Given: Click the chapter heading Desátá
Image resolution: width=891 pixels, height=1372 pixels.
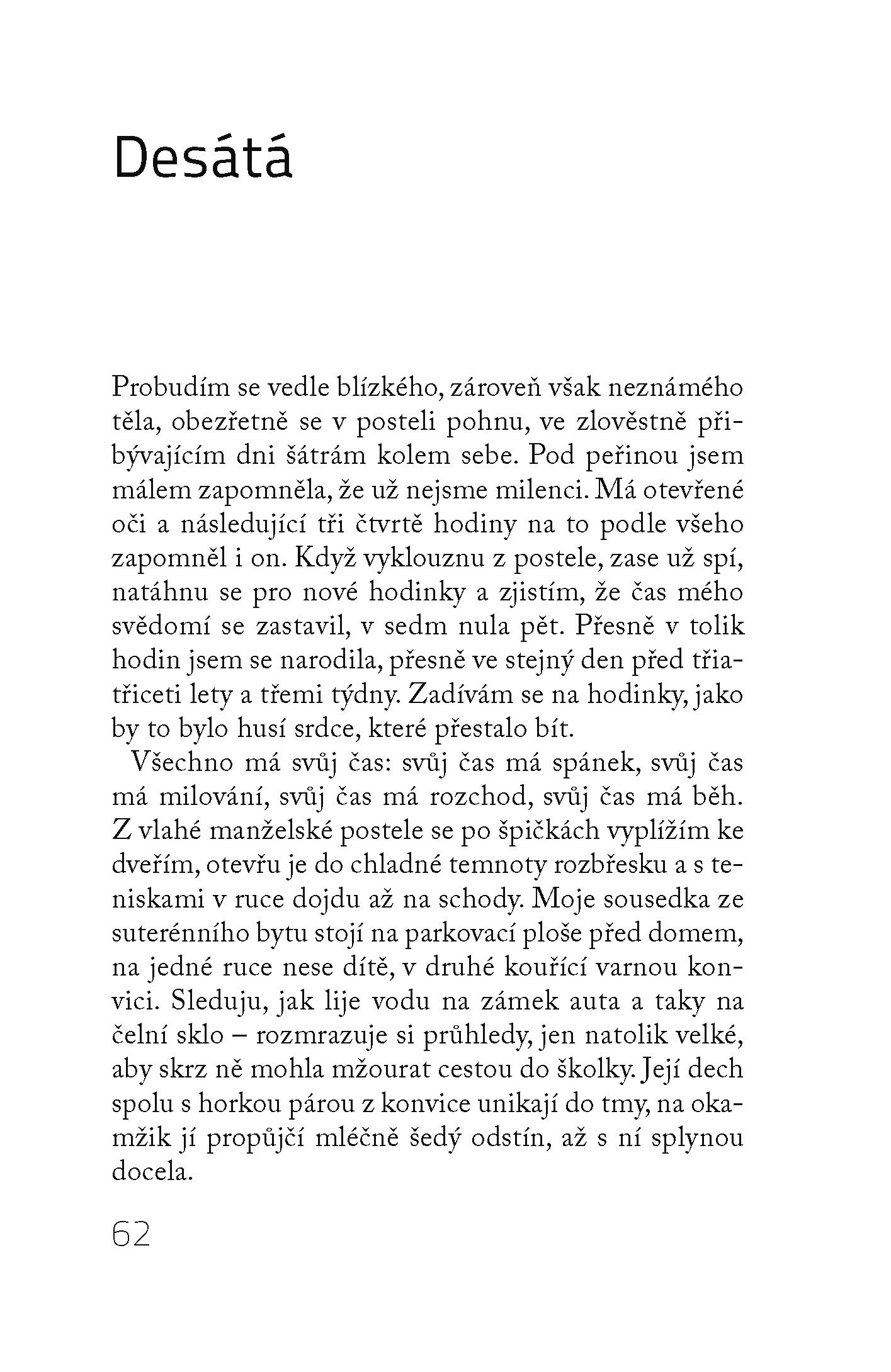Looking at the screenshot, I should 203,155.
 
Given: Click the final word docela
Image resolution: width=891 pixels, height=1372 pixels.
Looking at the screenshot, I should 151,1172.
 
